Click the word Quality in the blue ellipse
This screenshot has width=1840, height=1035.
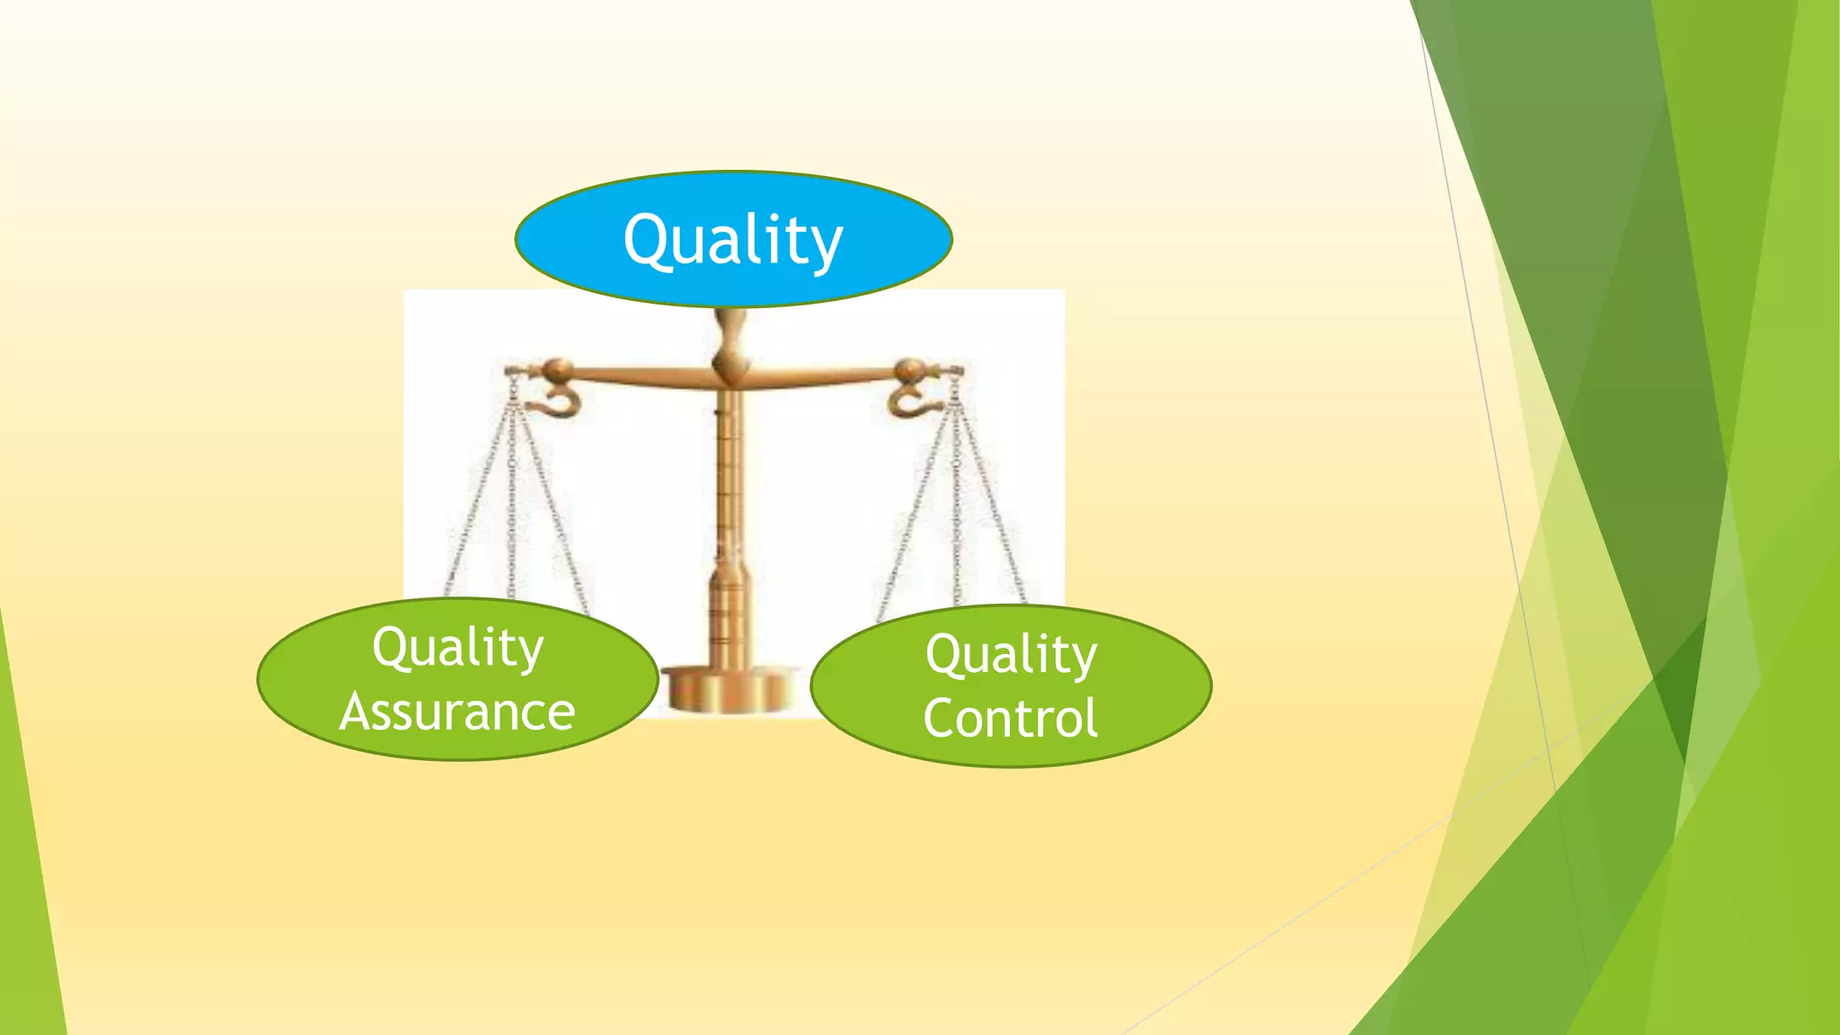(733, 240)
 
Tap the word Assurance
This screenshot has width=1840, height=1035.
(457, 712)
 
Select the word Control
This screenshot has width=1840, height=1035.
(1011, 719)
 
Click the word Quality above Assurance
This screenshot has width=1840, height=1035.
(458, 647)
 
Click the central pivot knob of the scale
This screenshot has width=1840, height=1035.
(730, 364)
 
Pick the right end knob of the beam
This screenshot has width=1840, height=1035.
(909, 369)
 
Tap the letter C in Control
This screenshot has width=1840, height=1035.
(942, 719)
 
